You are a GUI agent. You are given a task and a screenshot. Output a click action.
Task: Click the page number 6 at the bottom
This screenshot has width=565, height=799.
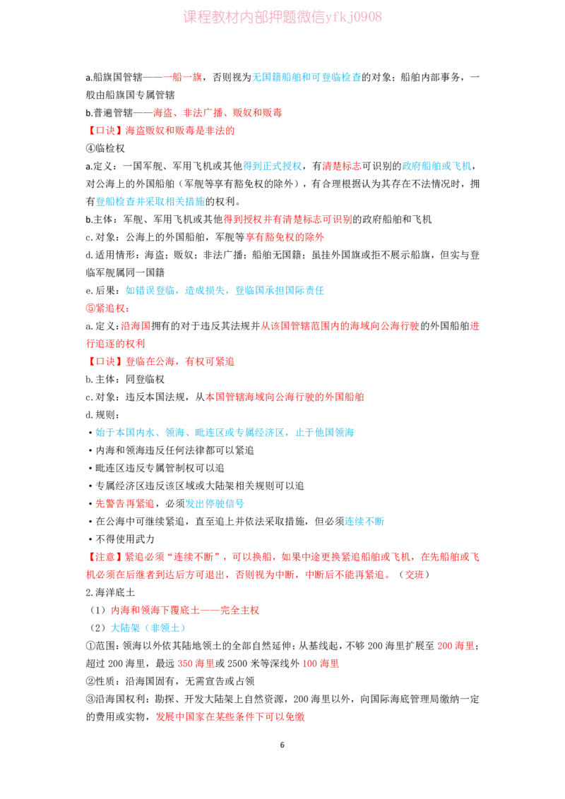coord(282,745)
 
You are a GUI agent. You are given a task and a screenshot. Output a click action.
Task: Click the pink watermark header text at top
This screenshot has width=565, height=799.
coord(282,17)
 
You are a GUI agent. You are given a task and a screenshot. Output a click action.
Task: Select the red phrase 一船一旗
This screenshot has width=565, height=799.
coord(182,78)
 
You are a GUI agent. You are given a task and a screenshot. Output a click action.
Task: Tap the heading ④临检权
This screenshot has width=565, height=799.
coord(105,148)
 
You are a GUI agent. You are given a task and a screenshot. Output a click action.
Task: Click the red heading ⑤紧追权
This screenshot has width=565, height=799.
coord(107,308)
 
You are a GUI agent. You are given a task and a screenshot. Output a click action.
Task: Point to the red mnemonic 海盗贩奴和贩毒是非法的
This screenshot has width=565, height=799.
coord(180,131)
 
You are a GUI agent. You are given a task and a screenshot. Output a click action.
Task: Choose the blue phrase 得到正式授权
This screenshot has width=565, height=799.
coord(273,166)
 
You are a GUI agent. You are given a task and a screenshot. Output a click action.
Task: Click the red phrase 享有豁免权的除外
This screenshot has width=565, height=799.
coord(285,237)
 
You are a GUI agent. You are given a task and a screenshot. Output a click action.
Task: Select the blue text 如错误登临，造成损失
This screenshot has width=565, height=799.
coord(175,291)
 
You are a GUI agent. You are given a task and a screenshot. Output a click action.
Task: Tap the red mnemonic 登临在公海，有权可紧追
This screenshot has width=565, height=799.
coord(180,362)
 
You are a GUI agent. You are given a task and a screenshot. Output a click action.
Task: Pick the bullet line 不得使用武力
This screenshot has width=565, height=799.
coord(121,539)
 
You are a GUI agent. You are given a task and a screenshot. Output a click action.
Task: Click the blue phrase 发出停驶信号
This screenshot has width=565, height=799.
coord(215,504)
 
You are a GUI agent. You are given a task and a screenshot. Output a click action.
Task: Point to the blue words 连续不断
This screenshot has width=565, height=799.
coord(364,522)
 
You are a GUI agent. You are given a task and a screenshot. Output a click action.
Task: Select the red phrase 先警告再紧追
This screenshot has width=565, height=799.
coord(125,504)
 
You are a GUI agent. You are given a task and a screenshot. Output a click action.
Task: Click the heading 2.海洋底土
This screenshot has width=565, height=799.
coord(110,593)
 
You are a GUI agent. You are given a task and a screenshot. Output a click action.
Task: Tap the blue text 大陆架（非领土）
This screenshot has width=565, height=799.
coord(148,628)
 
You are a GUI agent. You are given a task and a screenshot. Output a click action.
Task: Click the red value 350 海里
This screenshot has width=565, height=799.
coord(196,663)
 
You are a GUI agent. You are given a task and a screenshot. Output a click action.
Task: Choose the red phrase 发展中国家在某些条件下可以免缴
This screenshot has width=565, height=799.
coord(230,717)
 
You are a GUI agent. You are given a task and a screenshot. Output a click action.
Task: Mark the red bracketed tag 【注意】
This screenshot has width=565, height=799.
coord(105,557)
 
